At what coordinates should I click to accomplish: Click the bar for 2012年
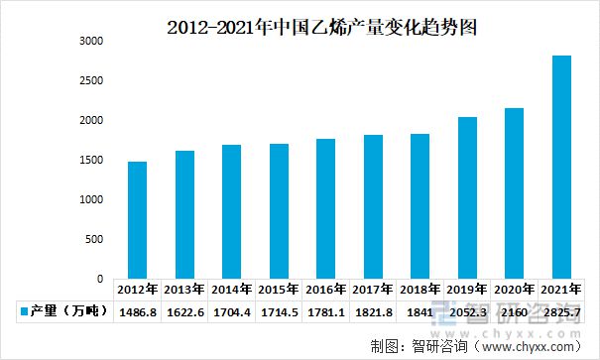tap(137, 220)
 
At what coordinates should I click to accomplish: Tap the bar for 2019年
tap(467, 197)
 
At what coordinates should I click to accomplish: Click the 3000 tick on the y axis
tap(91, 42)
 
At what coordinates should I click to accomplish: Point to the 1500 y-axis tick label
tap(91, 161)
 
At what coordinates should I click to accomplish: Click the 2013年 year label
tap(184, 291)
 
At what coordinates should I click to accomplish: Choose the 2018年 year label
tap(420, 291)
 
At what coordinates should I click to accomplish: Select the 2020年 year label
tap(515, 291)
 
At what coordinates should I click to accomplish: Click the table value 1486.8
tap(137, 312)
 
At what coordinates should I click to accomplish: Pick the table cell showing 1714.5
tap(279, 312)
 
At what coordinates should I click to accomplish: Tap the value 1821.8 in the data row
tap(373, 312)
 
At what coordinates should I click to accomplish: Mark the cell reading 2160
tap(515, 312)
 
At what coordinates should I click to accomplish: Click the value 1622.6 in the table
tap(184, 312)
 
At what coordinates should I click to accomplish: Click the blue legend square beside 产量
tap(23, 312)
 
